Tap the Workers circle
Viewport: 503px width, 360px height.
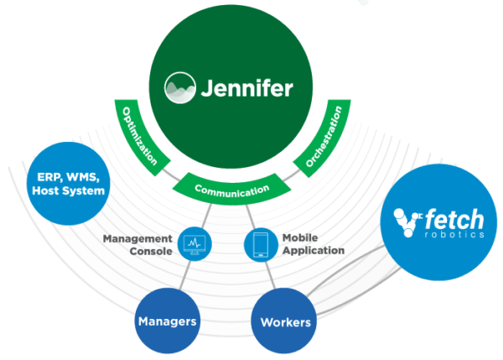click(x=286, y=321)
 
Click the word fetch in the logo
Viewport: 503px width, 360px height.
click(x=453, y=221)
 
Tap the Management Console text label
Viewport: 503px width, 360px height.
click(x=139, y=244)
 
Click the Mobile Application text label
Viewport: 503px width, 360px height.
click(x=311, y=244)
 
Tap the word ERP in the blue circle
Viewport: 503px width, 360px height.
click(x=51, y=177)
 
